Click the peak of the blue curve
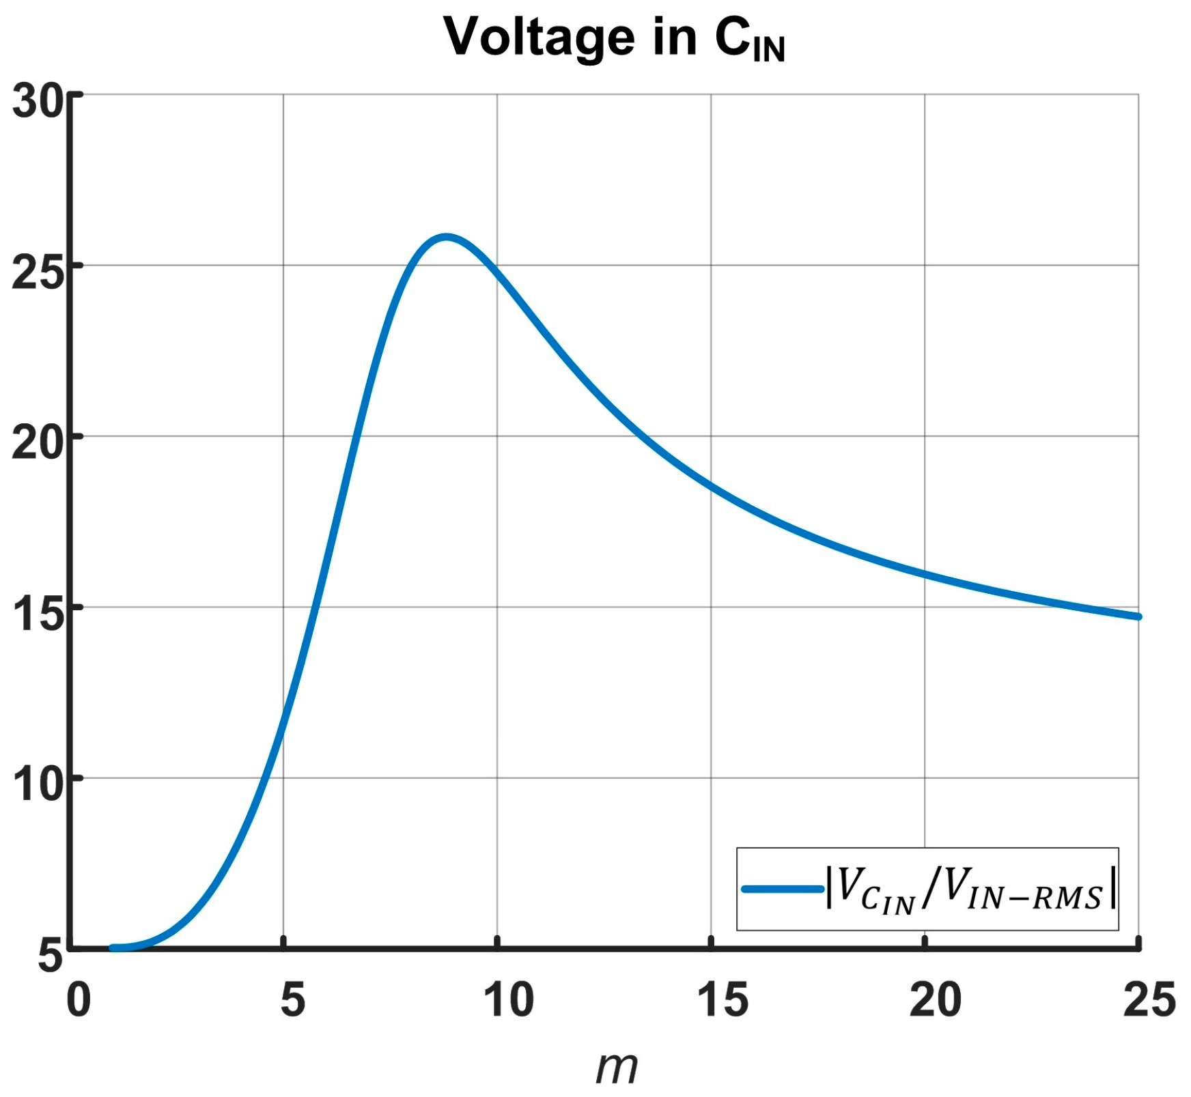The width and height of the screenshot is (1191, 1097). [x=446, y=238]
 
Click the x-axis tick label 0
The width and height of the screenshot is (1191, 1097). [x=79, y=1000]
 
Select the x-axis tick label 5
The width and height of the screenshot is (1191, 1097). [x=292, y=1000]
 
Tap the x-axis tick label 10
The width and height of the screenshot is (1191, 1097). [x=508, y=1000]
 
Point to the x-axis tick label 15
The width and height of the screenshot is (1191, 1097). [x=722, y=1000]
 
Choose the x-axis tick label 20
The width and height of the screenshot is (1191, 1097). [x=936, y=1000]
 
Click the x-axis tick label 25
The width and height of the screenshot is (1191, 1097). [x=1149, y=1000]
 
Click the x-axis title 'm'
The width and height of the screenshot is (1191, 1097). [x=616, y=1067]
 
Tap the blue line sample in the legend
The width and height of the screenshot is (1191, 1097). [x=783, y=889]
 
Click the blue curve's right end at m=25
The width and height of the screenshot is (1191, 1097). [x=1138, y=616]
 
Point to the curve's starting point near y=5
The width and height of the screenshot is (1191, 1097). [x=113, y=948]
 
